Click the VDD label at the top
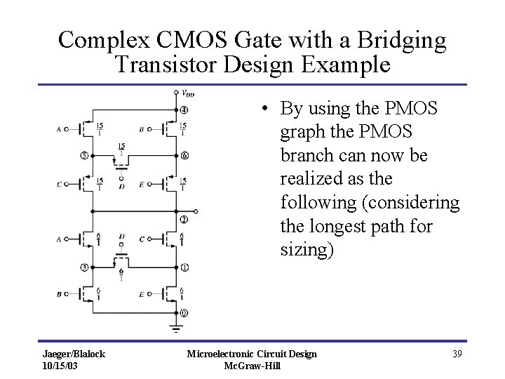pos(188,92)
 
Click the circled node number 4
pos(184,109)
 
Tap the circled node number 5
pos(84,155)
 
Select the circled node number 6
pos(184,155)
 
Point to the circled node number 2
pos(184,220)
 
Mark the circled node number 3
pos(84,267)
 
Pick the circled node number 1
pos(184,267)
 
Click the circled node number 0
pos(184,312)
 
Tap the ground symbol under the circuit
pos(174,328)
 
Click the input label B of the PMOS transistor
pos(142,129)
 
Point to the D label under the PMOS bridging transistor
pos(122,186)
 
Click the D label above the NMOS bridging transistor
pos(122,237)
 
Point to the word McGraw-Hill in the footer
pos(251,366)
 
